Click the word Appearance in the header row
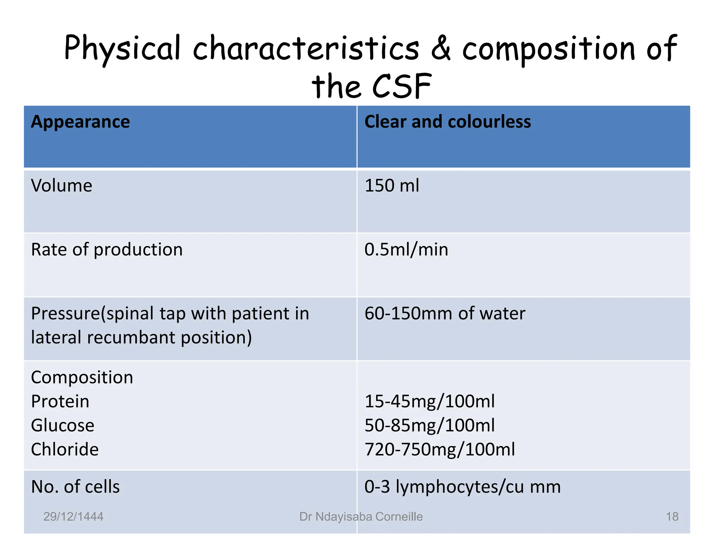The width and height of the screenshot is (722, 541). coord(80,122)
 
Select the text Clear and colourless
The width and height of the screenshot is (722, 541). coord(447,122)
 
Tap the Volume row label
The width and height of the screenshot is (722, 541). coord(62,186)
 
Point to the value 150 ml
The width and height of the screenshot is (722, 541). coord(392,186)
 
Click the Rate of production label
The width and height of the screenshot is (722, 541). coord(107,250)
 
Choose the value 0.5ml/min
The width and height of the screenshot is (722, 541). coord(406,250)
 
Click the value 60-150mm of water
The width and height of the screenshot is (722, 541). coord(445,313)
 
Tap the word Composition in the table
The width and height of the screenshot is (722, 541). coord(82,378)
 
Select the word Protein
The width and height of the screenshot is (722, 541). coord(60,402)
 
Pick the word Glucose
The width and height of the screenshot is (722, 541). coord(63,425)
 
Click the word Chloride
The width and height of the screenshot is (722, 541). coord(65,449)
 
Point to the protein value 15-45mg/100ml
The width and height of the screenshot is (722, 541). coord(429,402)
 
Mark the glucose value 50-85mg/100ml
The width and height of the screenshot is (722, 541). coord(429,425)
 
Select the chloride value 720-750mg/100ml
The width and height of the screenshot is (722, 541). coord(440,449)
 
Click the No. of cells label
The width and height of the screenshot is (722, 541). coord(75,487)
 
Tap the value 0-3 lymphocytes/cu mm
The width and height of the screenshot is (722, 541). coord(462,487)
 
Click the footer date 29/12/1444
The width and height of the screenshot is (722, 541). coord(73,517)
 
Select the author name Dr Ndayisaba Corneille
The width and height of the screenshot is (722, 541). coord(361,517)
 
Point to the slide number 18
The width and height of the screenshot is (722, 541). coord(672,517)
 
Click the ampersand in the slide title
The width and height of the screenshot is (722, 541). coord(441,48)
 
